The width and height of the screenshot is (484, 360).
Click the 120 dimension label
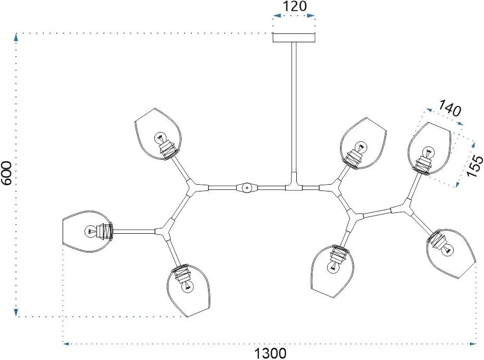click(x=295, y=6)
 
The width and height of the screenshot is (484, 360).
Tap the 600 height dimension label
click(x=7, y=173)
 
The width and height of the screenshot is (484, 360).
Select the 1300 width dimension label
click(x=270, y=353)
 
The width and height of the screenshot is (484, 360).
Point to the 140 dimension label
click(x=450, y=108)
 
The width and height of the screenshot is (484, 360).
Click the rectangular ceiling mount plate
click(x=294, y=38)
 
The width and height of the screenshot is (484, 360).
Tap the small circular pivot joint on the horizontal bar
click(x=247, y=187)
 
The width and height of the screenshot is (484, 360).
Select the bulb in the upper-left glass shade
click(x=160, y=138)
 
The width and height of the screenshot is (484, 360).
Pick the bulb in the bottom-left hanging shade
click(x=188, y=286)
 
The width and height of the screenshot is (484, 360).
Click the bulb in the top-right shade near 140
click(x=428, y=152)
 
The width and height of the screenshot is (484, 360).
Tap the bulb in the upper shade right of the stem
click(x=360, y=147)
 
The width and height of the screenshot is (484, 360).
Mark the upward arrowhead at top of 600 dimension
click(x=16, y=37)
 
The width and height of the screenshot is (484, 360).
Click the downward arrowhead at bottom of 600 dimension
click(x=16, y=313)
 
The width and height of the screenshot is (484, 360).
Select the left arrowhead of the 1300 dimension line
click(x=66, y=343)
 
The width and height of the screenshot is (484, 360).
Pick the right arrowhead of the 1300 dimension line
click(x=473, y=343)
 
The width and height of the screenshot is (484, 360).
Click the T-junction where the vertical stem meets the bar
click(x=294, y=185)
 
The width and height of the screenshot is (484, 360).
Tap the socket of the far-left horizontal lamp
click(x=104, y=231)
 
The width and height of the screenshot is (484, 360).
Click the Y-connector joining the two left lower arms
click(x=163, y=232)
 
